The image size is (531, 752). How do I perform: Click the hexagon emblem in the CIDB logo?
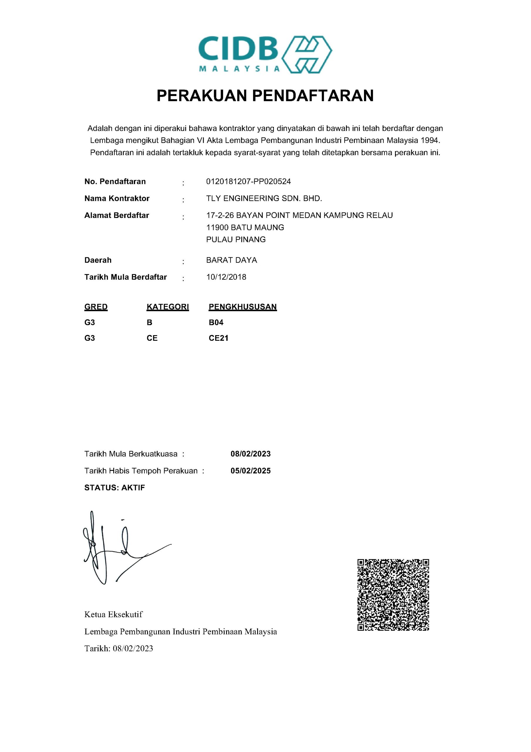tap(307, 54)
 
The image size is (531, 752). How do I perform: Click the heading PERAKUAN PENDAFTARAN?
tap(265, 96)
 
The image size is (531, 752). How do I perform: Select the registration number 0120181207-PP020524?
tap(249, 182)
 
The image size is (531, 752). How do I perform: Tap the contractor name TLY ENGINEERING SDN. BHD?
tap(264, 199)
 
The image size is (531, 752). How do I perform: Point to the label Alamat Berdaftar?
tap(117, 216)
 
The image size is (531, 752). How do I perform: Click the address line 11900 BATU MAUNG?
tap(245, 228)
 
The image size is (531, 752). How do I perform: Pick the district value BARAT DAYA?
tap(232, 260)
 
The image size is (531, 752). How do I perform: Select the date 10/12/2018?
tap(226, 277)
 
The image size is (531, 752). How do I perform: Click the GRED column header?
tap(96, 307)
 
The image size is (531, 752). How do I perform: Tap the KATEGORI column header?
tap(168, 307)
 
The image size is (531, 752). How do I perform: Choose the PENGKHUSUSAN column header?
tap(242, 307)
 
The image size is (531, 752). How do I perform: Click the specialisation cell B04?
tap(216, 323)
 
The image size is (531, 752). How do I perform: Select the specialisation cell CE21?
tap(218, 338)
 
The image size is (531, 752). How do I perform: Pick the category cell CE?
tap(152, 338)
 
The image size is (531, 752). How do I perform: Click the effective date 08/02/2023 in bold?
tap(250, 454)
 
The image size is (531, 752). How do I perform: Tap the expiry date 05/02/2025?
tap(250, 471)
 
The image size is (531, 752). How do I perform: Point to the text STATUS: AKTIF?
tap(114, 488)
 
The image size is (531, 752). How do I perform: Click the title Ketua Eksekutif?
tap(114, 615)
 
